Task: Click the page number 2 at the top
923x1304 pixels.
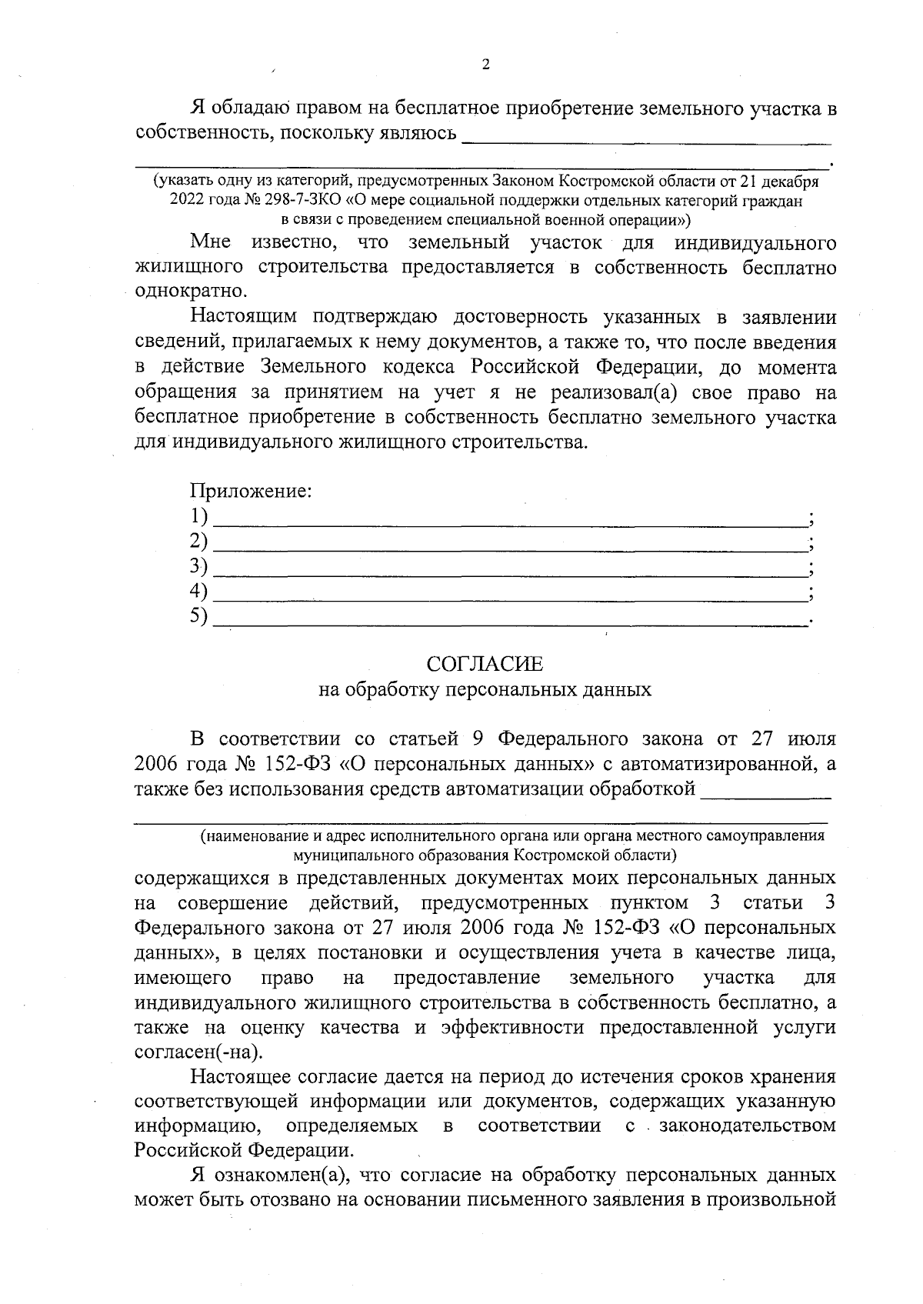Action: click(x=485, y=65)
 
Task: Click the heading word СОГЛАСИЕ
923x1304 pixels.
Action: click(x=485, y=664)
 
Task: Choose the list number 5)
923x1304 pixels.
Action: click(x=199, y=615)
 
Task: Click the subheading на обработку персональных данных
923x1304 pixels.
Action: click(x=485, y=689)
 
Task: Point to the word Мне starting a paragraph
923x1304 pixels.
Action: click(x=211, y=242)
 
